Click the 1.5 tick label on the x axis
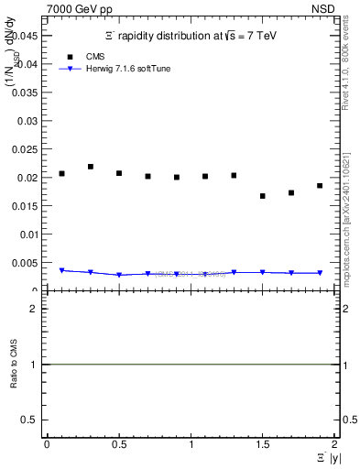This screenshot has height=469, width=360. tap(263, 443)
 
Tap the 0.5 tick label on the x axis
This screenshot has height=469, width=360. tap(119, 443)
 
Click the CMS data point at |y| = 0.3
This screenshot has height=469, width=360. tap(91, 167)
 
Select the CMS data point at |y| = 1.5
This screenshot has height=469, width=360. tap(263, 196)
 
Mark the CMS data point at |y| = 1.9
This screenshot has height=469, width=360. tap(320, 186)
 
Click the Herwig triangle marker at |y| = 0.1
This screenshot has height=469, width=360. tap(62, 271)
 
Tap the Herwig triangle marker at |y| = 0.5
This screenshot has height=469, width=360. tap(119, 275)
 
